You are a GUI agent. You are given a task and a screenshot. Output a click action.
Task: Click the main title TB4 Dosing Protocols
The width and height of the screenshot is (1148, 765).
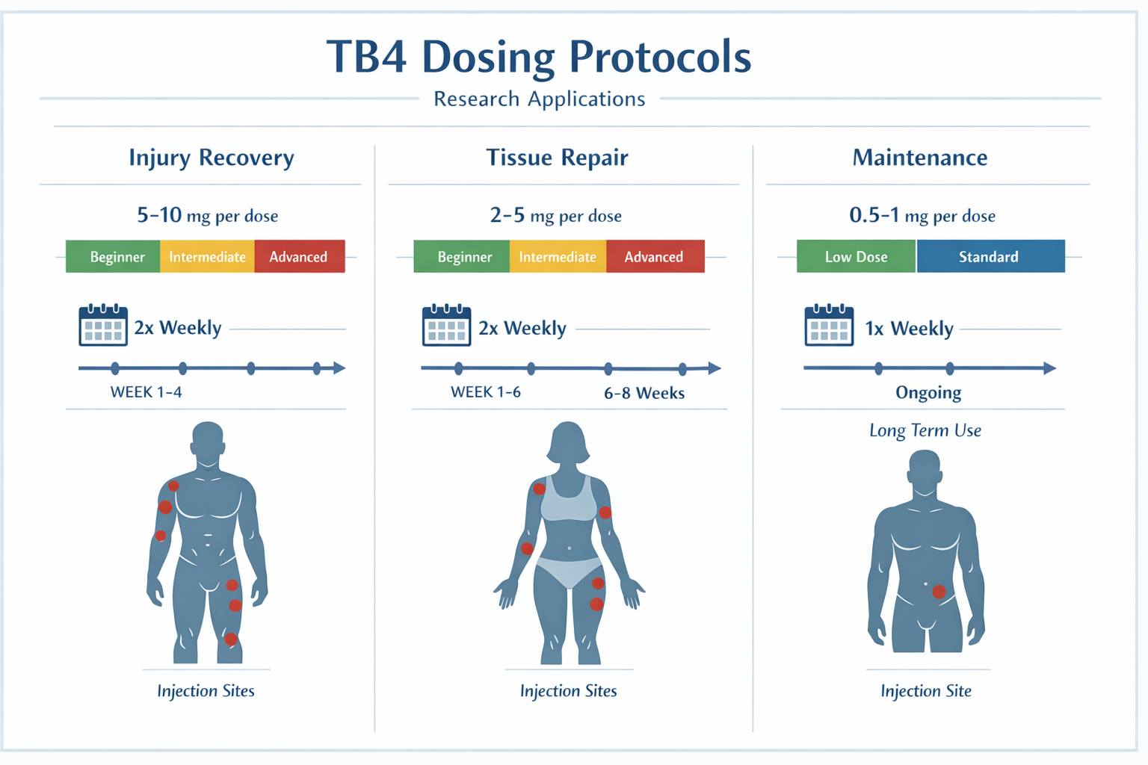(x=539, y=58)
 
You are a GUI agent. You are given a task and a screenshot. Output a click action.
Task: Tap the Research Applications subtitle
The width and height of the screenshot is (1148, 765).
(x=539, y=99)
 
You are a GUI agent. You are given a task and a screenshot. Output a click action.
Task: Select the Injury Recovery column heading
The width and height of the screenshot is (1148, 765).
(x=212, y=158)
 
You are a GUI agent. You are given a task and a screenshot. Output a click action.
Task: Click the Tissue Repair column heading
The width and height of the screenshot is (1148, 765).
(x=557, y=158)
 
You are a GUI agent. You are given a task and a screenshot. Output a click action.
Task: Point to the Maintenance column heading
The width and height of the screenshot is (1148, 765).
(x=919, y=158)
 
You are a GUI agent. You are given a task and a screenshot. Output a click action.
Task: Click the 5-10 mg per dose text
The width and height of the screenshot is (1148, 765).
(x=207, y=216)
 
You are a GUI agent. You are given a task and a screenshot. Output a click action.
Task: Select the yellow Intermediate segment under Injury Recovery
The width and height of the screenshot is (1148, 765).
(x=207, y=257)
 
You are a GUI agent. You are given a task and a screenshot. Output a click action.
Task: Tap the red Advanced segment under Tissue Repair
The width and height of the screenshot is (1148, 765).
(x=654, y=257)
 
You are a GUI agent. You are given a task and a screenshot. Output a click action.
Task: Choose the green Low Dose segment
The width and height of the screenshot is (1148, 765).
(x=856, y=257)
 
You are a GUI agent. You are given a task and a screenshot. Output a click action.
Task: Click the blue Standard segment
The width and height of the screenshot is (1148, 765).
(x=989, y=257)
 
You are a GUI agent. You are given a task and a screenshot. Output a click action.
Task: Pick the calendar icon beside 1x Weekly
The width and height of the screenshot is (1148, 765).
(x=829, y=326)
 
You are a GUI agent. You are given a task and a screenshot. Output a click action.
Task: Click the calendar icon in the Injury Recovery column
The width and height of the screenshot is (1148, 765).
(x=103, y=326)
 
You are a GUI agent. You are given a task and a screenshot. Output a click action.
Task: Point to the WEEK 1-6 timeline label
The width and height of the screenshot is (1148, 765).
(x=486, y=392)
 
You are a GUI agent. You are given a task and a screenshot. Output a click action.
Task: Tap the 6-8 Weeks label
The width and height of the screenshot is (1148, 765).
(x=644, y=393)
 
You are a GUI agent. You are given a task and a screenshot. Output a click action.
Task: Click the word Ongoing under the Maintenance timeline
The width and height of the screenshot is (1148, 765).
(x=928, y=393)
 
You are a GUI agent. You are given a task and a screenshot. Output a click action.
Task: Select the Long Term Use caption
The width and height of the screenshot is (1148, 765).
(x=925, y=431)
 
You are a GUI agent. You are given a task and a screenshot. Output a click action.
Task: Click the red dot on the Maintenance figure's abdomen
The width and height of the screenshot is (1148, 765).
(x=939, y=592)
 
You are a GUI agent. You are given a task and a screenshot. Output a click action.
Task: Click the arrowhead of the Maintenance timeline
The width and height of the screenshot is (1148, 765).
(x=1049, y=368)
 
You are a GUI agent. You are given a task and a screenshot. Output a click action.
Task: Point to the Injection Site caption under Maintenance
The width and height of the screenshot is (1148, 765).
(x=926, y=691)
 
